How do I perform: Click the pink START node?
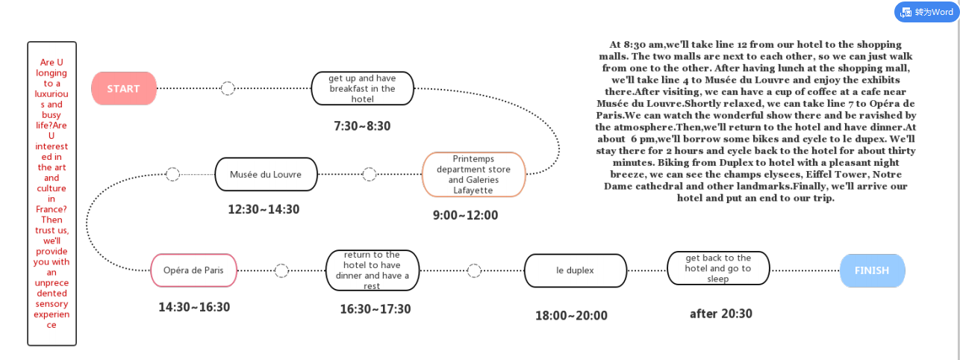(124, 88)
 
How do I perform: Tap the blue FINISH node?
(873, 270)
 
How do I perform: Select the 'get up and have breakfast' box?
(363, 88)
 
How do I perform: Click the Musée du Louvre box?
(267, 175)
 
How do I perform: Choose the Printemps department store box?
(474, 175)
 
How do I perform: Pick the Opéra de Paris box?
(193, 270)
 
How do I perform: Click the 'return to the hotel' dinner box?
(373, 270)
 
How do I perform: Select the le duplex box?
(576, 270)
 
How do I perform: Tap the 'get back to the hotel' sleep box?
(719, 268)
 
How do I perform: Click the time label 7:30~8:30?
(362, 126)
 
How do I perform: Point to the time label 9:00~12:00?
(465, 215)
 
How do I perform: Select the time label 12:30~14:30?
(264, 209)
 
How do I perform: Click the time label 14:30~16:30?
(194, 307)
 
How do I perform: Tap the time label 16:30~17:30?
(375, 309)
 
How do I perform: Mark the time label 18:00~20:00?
(571, 315)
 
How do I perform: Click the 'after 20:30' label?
(721, 314)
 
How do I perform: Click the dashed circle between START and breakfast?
(228, 88)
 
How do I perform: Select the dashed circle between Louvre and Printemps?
(369, 175)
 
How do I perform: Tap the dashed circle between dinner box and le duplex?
(474, 270)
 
